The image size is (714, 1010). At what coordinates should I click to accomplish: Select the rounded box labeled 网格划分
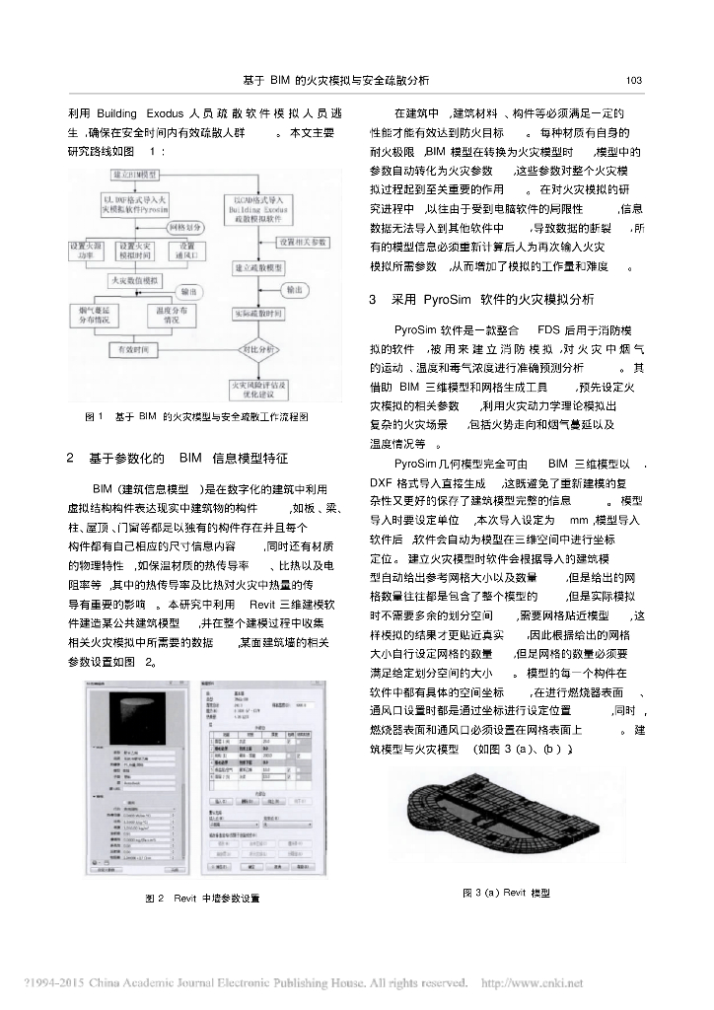183,226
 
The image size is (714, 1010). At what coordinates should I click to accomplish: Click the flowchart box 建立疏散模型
259,267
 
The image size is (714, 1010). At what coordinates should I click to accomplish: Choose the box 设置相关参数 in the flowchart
305,242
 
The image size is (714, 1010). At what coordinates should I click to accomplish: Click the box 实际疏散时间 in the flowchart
259,315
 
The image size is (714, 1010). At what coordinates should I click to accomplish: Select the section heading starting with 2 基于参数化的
178,458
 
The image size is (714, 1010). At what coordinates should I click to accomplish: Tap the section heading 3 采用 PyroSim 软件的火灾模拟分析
481,298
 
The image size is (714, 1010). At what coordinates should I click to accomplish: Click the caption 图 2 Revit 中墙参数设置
202,899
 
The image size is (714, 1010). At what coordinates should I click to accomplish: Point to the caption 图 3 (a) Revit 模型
506,893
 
